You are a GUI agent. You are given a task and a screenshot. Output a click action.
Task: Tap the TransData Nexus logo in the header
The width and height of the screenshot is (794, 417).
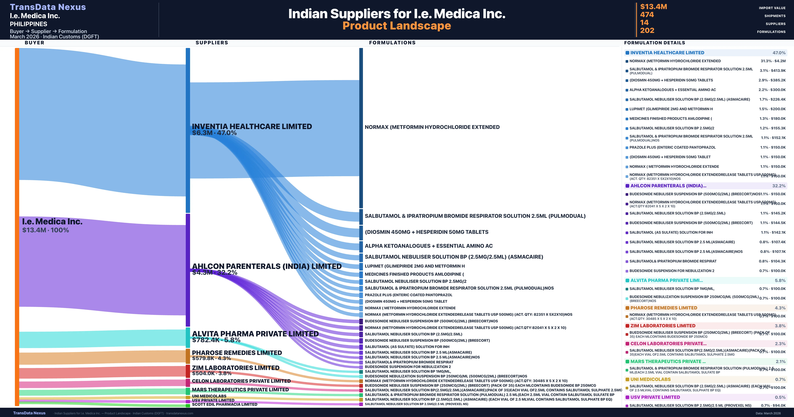coord(48,7)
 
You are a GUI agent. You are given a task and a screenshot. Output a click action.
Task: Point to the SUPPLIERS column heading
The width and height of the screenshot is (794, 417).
coord(212,43)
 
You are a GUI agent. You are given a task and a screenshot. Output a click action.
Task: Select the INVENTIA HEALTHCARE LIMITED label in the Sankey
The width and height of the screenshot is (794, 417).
coord(252,126)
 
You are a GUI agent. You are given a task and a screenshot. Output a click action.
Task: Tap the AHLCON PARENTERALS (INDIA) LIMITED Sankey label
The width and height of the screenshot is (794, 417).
coord(267,266)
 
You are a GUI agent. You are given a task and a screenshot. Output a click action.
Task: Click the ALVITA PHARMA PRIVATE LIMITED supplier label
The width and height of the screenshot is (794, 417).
coord(255,334)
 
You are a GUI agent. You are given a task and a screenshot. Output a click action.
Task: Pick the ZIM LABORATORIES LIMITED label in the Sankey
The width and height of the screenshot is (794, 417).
coord(236,368)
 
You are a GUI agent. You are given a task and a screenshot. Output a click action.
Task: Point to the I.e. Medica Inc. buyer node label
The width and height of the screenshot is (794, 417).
coord(52,221)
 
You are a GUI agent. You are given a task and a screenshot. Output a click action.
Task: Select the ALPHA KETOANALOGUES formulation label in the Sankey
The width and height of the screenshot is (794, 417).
coord(428,246)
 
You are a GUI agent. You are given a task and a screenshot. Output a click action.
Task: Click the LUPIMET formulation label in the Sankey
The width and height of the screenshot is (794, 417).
coord(415,266)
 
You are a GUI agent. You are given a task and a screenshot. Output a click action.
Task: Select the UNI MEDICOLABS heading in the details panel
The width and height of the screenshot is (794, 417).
coord(650,379)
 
